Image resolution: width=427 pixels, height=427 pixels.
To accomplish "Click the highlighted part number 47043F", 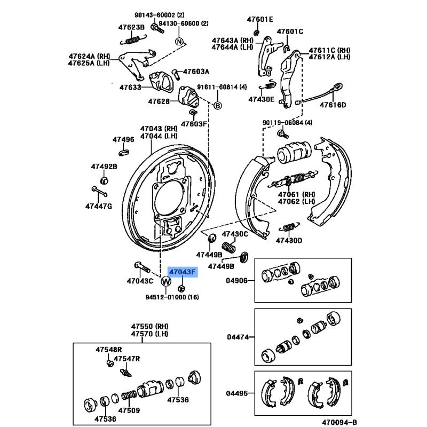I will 183,272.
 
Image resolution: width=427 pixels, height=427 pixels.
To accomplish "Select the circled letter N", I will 179,42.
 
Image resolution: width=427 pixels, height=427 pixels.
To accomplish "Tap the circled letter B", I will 217,106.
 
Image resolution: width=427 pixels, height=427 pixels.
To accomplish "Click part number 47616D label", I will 333,105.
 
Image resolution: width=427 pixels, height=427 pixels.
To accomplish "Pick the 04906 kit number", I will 237,281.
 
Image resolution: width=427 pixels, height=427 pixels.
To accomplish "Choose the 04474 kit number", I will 237,337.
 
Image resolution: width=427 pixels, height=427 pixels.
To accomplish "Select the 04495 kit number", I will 237,393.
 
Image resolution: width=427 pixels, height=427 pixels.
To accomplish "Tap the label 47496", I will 123,140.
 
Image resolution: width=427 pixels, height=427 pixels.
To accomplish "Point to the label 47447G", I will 99,206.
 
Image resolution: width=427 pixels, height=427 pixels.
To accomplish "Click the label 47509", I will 129,410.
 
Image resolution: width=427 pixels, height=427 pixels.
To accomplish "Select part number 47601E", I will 260,20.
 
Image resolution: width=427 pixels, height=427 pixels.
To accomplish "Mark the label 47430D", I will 289,240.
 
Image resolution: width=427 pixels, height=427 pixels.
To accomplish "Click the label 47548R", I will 109,350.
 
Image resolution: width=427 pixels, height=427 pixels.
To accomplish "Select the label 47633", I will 130,88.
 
